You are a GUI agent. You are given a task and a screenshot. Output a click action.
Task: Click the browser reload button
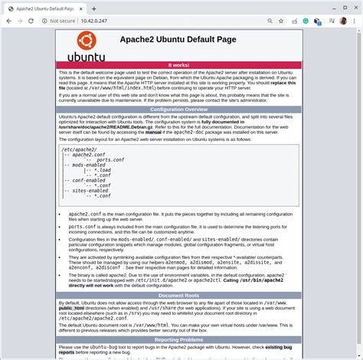35,22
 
